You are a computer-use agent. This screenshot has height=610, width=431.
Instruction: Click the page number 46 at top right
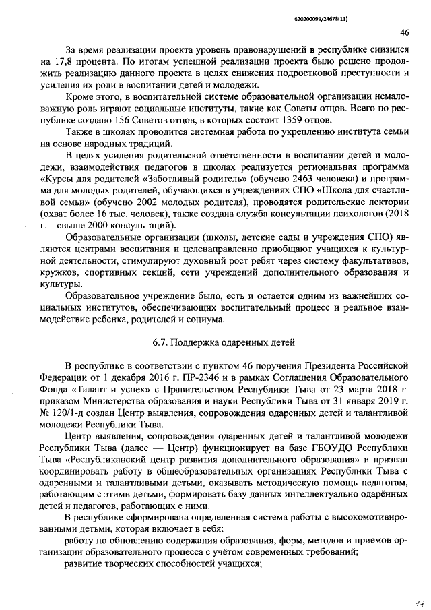pos(404,32)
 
